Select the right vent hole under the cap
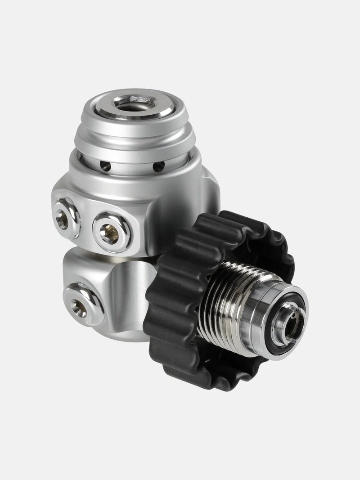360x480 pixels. click(159, 167)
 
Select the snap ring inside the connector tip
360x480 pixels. click(288, 322)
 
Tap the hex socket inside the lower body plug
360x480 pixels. click(80, 307)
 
